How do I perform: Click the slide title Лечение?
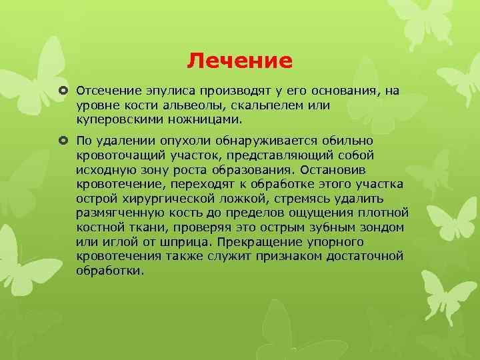click(x=239, y=61)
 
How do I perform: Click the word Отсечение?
click(x=106, y=90)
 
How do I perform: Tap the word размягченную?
click(x=117, y=213)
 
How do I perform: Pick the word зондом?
click(x=385, y=228)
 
